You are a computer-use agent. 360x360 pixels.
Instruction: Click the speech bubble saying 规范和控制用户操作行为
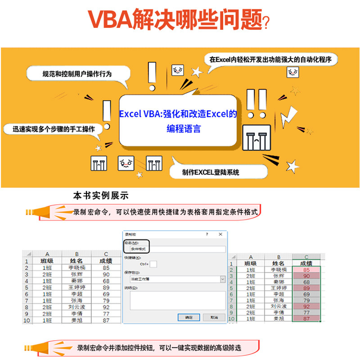click(x=76, y=73)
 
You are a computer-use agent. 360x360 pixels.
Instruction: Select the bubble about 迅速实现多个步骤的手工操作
click(x=54, y=129)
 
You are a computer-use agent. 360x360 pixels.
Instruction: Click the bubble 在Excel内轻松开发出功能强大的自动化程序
click(x=272, y=59)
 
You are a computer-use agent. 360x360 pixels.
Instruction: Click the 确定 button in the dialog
click(x=188, y=317)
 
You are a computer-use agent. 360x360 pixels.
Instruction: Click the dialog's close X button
click(x=220, y=234)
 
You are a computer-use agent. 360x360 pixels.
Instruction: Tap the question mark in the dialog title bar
click(x=207, y=234)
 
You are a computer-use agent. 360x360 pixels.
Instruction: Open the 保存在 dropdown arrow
click(x=222, y=279)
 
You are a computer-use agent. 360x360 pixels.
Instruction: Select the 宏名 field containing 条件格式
click(x=175, y=248)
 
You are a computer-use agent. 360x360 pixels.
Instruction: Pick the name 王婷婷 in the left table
click(x=77, y=287)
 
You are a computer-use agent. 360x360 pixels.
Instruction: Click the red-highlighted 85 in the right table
click(x=307, y=269)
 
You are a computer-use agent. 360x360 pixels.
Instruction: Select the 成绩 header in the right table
click(x=307, y=263)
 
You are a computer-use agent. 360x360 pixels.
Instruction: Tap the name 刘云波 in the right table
click(x=279, y=306)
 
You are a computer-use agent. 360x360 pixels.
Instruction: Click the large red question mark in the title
click(x=266, y=21)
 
